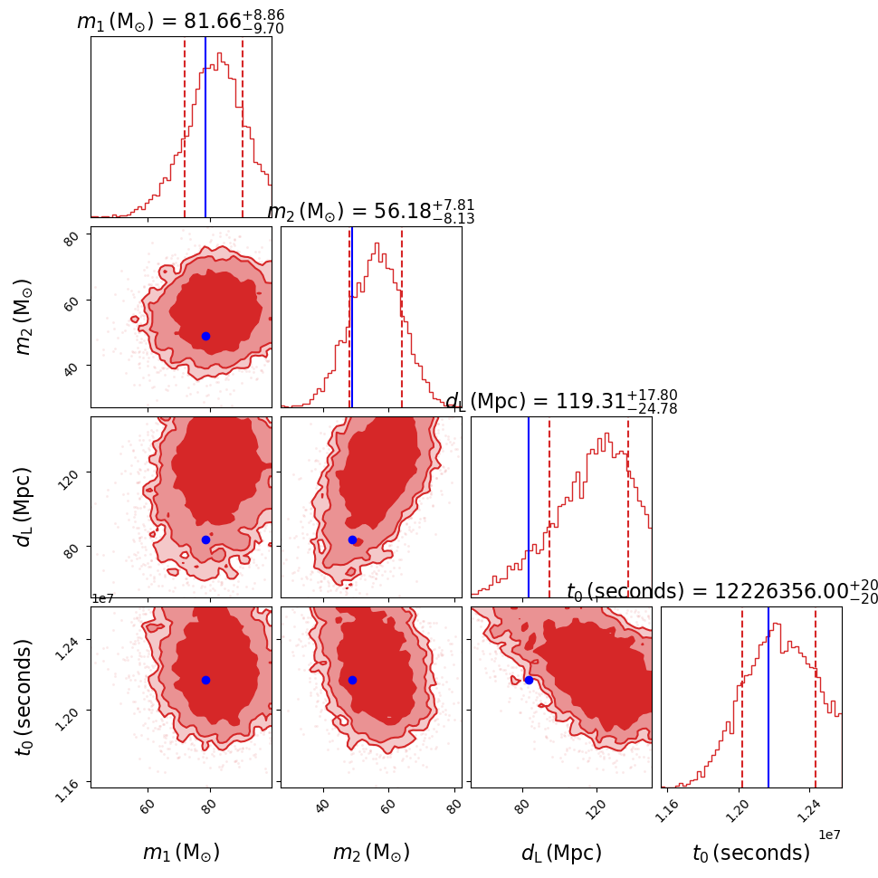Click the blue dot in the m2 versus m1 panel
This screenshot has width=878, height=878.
click(x=205, y=336)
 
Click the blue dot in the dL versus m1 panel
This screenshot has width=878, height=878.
click(x=205, y=539)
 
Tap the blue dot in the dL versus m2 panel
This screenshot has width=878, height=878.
click(x=352, y=539)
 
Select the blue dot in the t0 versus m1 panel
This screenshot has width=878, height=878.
click(x=205, y=680)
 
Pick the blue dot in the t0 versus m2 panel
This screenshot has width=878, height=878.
click(x=352, y=680)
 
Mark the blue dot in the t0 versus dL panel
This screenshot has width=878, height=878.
click(x=529, y=680)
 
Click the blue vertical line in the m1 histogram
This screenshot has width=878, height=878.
click(x=205, y=127)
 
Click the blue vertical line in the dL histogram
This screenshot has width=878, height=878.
click(x=529, y=507)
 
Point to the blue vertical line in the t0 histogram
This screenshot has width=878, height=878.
click(x=768, y=697)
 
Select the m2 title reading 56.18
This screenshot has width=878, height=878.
click(x=371, y=212)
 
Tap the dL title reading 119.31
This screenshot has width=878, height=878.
click(x=561, y=402)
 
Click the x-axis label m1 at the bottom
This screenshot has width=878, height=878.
click(x=181, y=853)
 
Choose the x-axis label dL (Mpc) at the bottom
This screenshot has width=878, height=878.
click(x=561, y=853)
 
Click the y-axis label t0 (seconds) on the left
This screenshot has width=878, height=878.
click(x=24, y=696)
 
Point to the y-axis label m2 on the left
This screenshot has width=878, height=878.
click(x=24, y=316)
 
